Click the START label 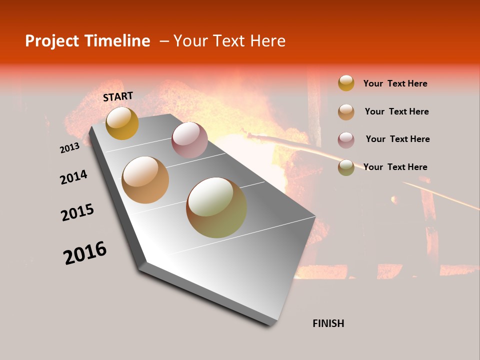[x=118, y=96]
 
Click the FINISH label [x=328, y=323]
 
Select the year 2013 [x=69, y=147]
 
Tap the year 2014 [x=73, y=177]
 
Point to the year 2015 [x=77, y=212]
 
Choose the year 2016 [x=85, y=253]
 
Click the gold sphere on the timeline [x=122, y=123]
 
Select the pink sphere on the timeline [x=189, y=140]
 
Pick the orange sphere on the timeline [x=145, y=180]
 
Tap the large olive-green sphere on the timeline [x=216, y=207]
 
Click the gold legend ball [x=346, y=83]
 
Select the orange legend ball [x=346, y=112]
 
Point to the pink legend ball [x=346, y=140]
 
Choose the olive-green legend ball [x=346, y=167]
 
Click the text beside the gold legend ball [x=395, y=83]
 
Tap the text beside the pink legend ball [x=397, y=139]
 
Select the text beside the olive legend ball [x=395, y=167]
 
